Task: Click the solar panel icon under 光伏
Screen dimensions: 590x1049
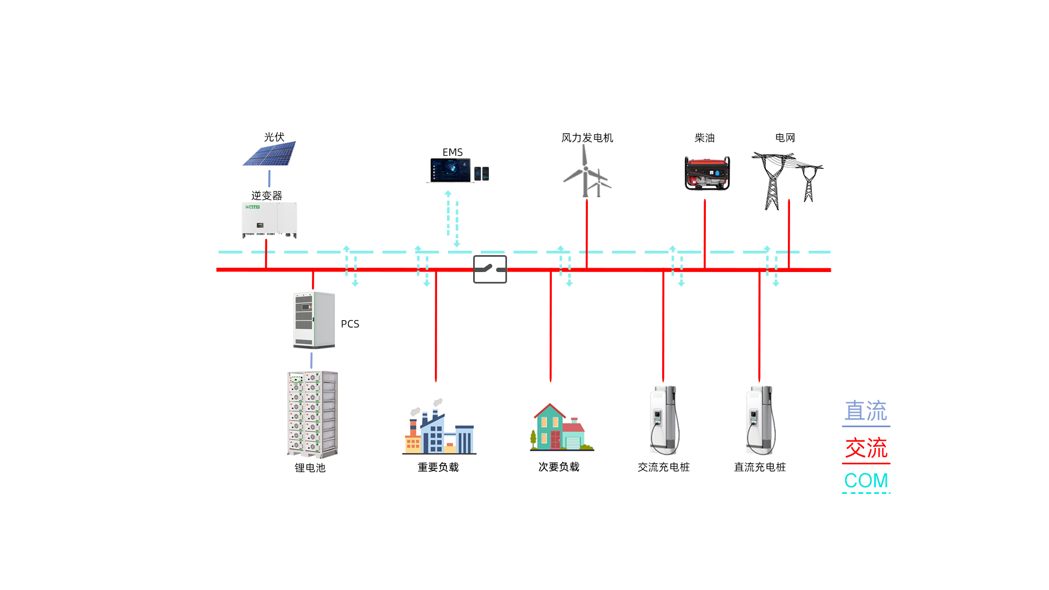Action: coord(270,154)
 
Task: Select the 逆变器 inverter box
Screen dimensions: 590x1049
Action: coord(269,220)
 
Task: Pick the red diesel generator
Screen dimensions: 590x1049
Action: coord(707,173)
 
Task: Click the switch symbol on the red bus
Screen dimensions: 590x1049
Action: coord(490,269)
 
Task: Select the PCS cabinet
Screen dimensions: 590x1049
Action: coord(314,320)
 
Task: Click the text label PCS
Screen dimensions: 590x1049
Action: coord(350,324)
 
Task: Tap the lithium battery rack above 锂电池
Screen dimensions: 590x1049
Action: coord(312,414)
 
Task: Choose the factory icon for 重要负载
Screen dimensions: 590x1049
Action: coord(439,429)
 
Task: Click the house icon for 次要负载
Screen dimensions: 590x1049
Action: coord(561,428)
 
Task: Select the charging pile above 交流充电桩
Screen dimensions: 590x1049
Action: coord(664,421)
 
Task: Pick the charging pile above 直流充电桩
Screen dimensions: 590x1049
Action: coord(761,421)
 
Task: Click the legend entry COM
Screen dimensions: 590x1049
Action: coord(866,481)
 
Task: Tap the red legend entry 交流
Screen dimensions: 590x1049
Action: coord(866,448)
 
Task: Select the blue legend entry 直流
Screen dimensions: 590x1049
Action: coord(866,411)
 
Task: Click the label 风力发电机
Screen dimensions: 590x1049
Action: coord(587,138)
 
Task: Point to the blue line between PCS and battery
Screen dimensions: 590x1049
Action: coord(311,360)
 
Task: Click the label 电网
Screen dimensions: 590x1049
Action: coord(785,138)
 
